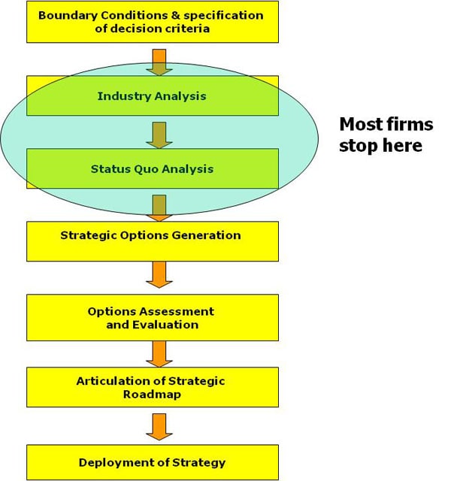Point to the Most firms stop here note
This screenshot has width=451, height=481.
pos(385,135)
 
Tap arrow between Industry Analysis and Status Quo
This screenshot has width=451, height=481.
pos(159,133)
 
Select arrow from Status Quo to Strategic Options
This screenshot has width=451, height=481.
pos(159,207)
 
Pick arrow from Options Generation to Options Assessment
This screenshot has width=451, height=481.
pos(159,274)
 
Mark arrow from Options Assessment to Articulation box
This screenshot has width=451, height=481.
pos(159,352)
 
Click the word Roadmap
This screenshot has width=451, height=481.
pos(151,394)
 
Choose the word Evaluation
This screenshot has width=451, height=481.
pos(163,325)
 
